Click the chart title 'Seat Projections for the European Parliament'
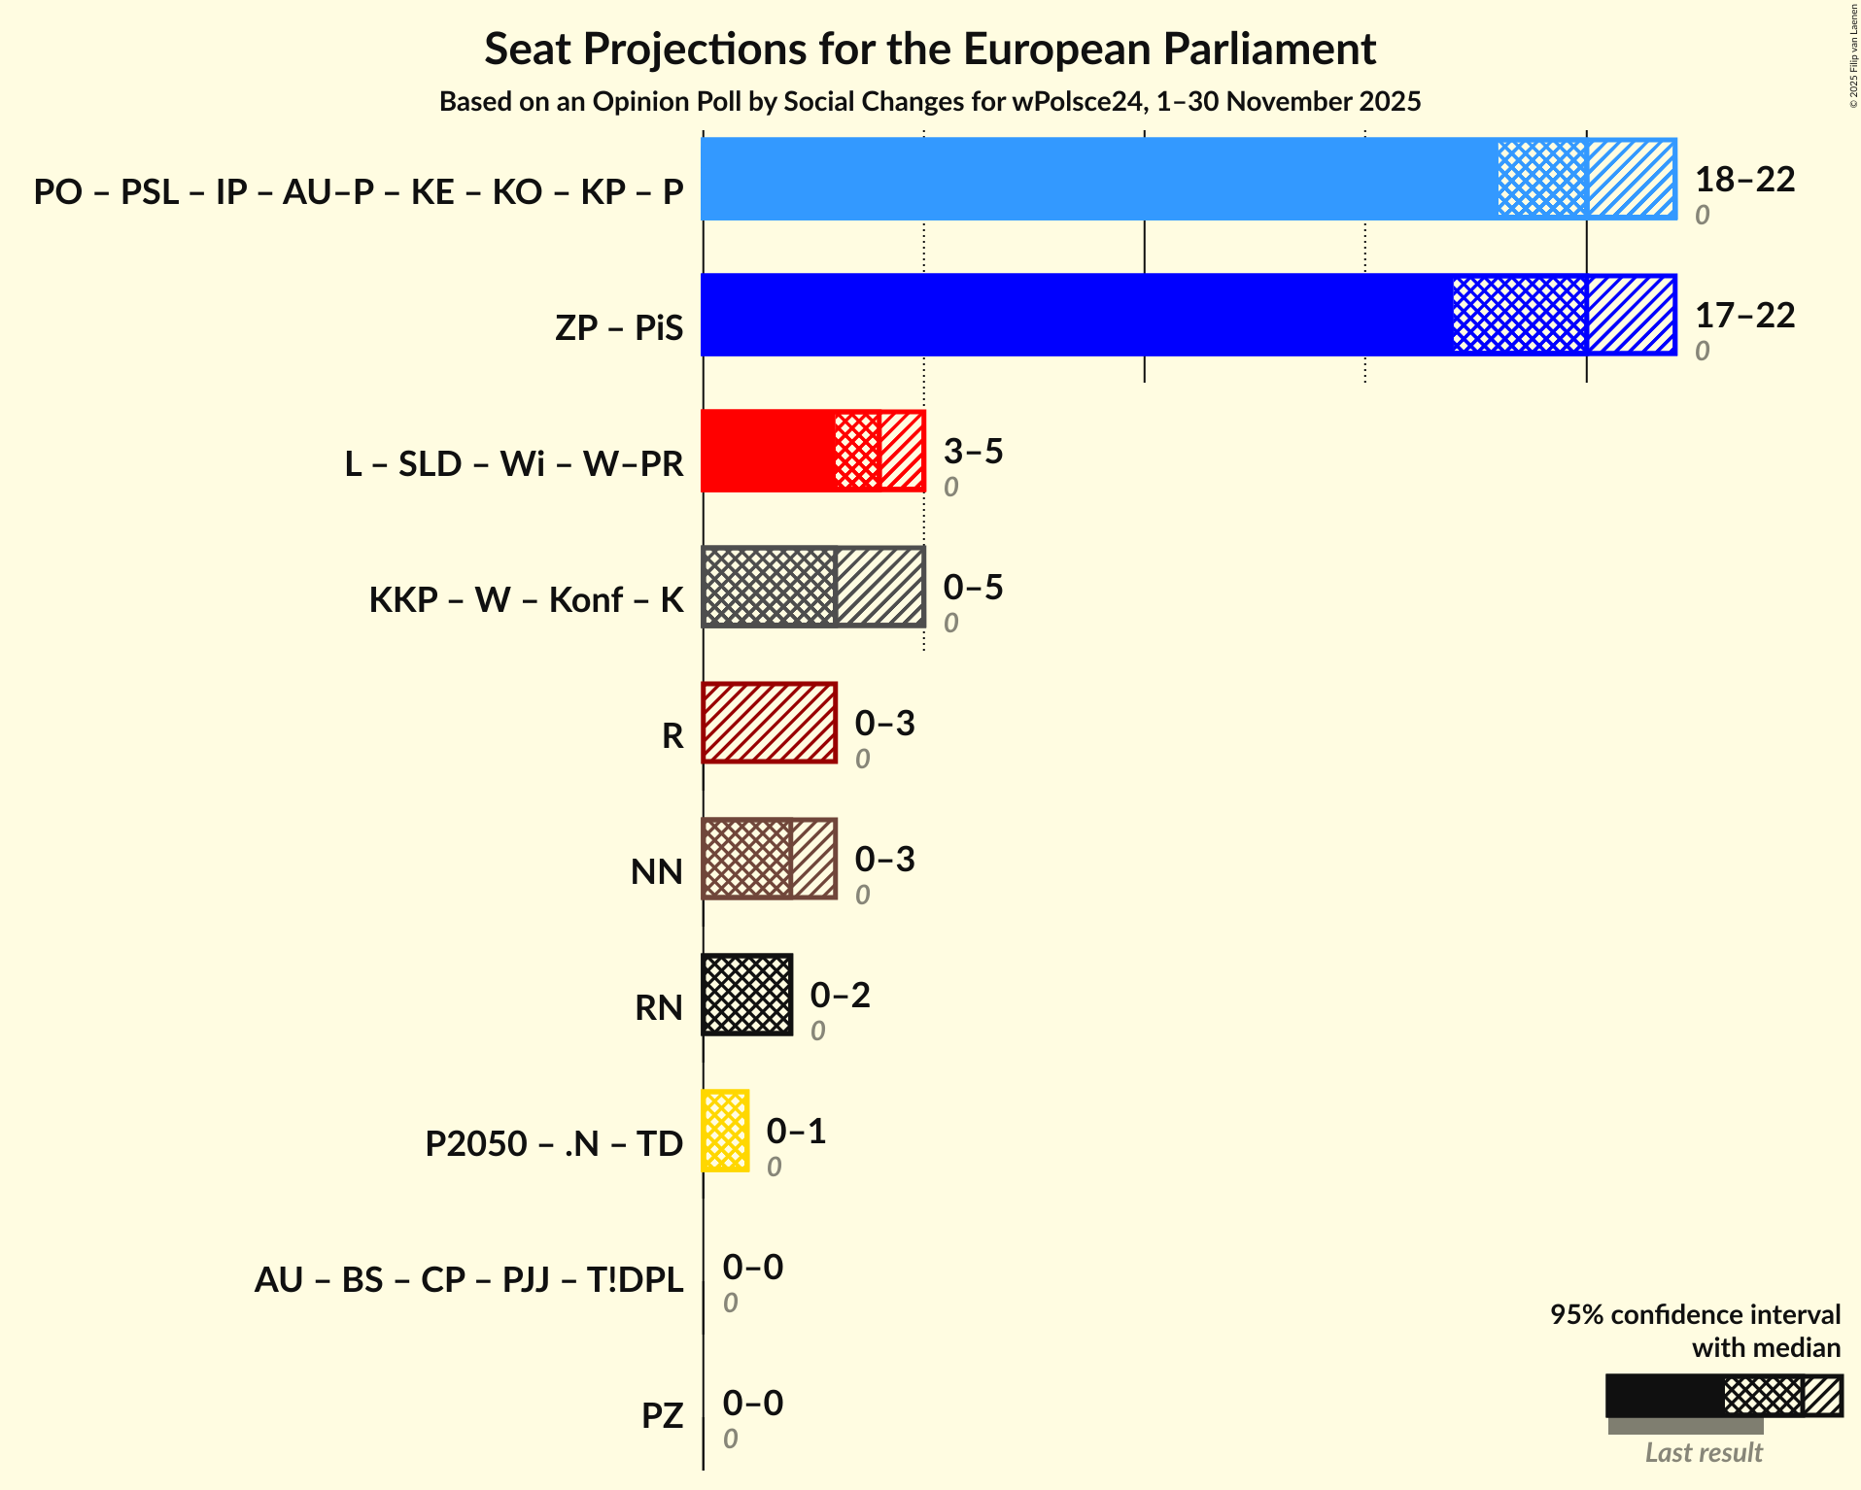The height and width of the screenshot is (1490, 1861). tap(930, 49)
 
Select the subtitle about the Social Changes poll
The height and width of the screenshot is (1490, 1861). tap(930, 101)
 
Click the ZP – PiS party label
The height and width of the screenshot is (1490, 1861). tap(619, 327)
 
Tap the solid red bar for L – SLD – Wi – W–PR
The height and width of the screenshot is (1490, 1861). tap(768, 451)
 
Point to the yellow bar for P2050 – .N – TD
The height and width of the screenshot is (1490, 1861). tap(725, 1131)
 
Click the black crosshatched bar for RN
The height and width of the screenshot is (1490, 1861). tap(746, 995)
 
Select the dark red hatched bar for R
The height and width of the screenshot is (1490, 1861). tap(769, 723)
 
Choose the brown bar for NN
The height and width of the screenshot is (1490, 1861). tap(769, 859)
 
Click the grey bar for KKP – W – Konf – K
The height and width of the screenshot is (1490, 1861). tap(812, 587)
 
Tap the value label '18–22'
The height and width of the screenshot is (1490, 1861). tap(1744, 180)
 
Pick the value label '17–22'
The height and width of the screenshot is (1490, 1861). tap(1744, 316)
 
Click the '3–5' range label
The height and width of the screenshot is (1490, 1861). tap(973, 452)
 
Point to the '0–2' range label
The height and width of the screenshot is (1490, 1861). tap(840, 996)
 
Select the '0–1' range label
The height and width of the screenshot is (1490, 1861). tap(796, 1132)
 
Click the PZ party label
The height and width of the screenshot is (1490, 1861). tap(662, 1415)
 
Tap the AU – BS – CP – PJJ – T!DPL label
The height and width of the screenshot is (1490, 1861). tap(468, 1279)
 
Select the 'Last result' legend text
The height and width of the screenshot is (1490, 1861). tap(1703, 1452)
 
